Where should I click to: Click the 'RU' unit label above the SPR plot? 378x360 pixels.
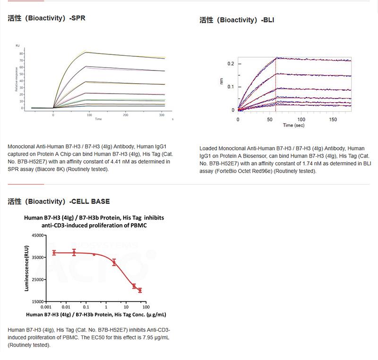17,45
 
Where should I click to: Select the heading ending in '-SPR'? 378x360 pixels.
46,18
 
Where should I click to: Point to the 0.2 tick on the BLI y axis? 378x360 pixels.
231,64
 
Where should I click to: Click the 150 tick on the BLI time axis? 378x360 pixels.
333,120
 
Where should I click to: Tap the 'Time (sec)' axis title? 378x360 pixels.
294,125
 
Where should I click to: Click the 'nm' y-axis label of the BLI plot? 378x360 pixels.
221,81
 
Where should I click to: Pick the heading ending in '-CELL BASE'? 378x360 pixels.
59,202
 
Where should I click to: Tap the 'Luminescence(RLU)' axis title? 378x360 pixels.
27,268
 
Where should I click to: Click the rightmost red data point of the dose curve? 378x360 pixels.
140,290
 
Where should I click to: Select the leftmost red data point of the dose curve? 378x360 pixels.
54,253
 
